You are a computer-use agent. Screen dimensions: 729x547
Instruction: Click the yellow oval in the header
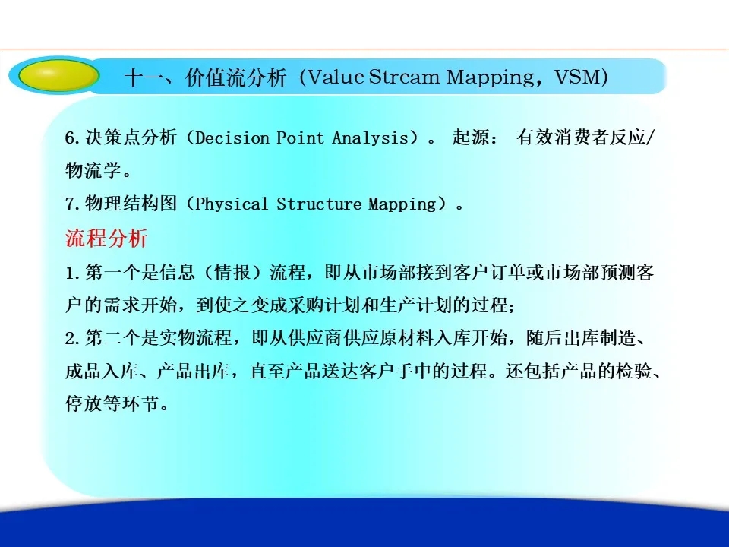tap(58, 75)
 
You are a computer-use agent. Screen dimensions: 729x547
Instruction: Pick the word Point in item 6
tap(300, 138)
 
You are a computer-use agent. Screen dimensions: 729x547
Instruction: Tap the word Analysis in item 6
tap(370, 138)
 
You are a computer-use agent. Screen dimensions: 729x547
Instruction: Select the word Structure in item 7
tap(318, 204)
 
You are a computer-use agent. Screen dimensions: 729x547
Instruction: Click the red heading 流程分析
tap(106, 238)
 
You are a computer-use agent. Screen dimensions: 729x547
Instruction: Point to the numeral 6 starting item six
tap(70, 138)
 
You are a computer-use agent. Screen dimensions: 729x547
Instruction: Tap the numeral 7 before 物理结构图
tap(70, 204)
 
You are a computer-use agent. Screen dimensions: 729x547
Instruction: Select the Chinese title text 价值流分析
tap(235, 77)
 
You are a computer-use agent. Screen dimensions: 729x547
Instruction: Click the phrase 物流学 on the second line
tap(93, 170)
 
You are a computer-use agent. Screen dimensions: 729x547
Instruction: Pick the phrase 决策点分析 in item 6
tap(131, 138)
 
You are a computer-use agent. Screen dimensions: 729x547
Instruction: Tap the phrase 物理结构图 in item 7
tap(131, 204)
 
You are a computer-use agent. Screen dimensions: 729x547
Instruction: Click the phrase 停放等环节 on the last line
tap(112, 403)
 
